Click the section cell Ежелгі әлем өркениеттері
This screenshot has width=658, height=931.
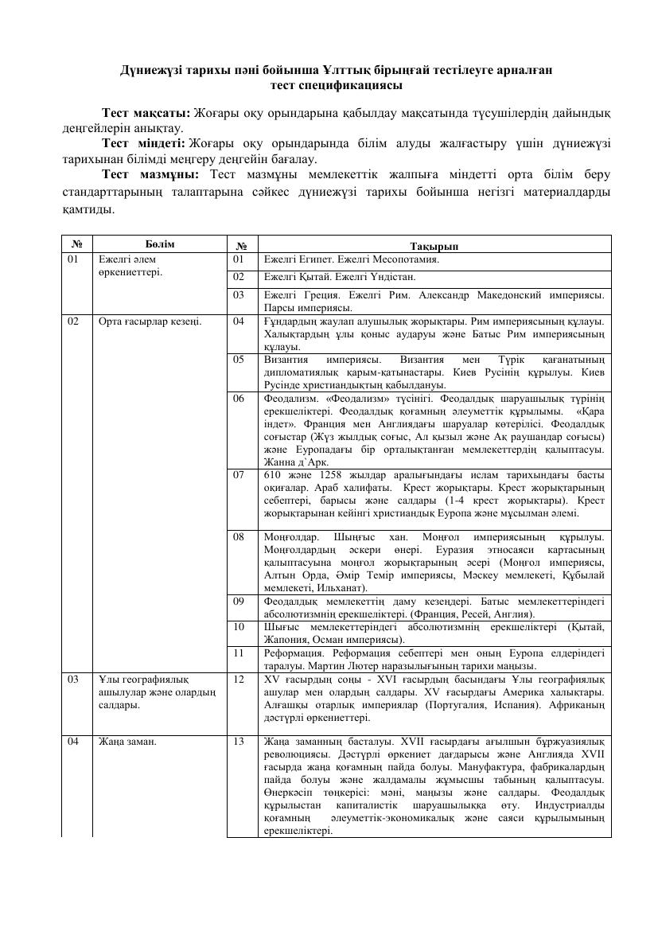(x=130, y=265)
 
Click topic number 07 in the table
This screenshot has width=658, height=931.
(x=239, y=474)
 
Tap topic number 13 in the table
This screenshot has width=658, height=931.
(x=239, y=741)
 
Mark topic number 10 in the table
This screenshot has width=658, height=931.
(x=239, y=628)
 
